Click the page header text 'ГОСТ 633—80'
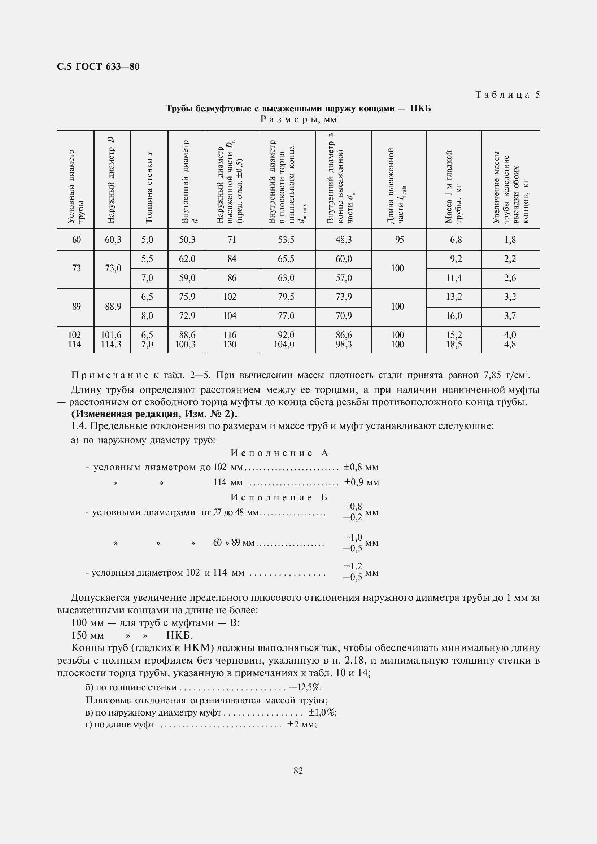107,66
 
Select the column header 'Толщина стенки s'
149,188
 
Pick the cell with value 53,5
286,240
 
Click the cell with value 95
399,240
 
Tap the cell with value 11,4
454,278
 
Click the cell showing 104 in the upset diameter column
230,316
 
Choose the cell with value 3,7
510,316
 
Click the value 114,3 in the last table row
111,345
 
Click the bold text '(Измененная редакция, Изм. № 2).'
154,414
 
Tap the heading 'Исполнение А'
279,453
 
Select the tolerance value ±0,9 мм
361,482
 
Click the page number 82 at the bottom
298,771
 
